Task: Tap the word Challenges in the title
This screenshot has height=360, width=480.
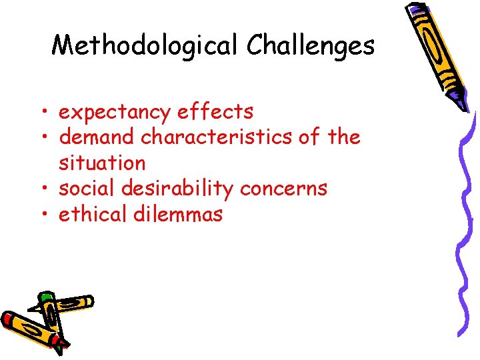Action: point(311,45)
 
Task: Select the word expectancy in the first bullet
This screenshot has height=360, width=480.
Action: point(115,112)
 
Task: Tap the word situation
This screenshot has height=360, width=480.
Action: point(102,163)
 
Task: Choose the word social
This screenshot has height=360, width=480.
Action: point(87,189)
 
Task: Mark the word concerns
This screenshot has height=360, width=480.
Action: point(284,189)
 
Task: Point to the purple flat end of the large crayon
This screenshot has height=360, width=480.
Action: point(417,10)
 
